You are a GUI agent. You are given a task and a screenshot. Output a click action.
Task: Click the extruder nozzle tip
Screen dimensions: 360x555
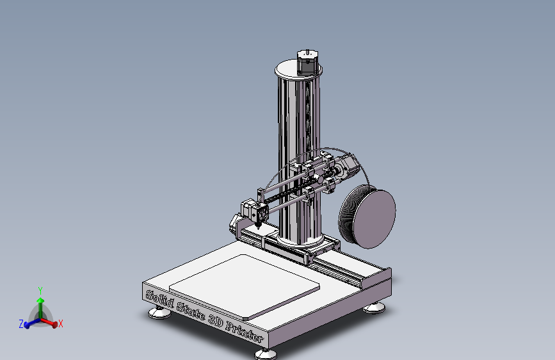[x=257, y=227]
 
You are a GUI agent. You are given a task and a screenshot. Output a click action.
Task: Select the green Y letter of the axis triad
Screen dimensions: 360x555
[x=40, y=290]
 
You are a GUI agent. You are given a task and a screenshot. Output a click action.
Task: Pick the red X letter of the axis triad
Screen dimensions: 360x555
[x=60, y=324]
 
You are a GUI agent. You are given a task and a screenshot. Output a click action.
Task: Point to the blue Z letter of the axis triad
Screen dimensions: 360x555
[x=20, y=325]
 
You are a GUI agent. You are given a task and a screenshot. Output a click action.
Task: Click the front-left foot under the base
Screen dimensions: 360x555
[x=159, y=313]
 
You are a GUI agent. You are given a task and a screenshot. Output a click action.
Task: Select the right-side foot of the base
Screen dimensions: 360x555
[x=374, y=309]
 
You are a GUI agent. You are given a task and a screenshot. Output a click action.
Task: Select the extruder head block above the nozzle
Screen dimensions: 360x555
[x=254, y=209]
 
